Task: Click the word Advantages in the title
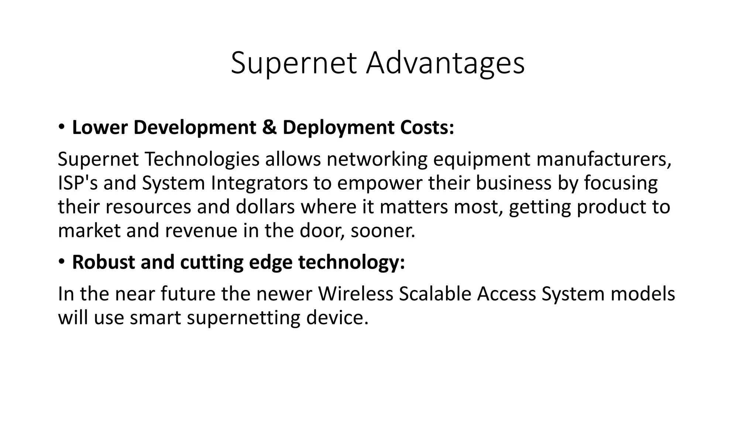click(x=445, y=63)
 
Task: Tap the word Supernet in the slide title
click(x=293, y=63)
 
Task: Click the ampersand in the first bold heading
click(x=269, y=127)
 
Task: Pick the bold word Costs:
click(x=427, y=127)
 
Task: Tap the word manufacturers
click(x=604, y=159)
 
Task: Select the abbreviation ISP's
click(x=78, y=183)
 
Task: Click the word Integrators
click(x=259, y=183)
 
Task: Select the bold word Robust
click(x=103, y=262)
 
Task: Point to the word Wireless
click(x=355, y=294)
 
